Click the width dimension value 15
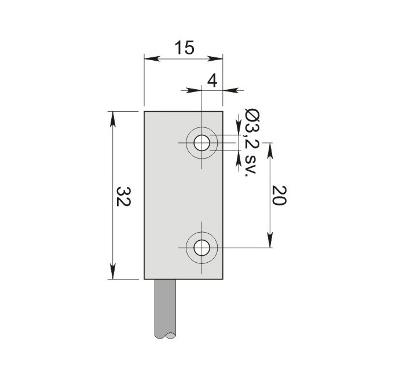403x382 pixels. tap(185, 48)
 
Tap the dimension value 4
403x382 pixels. tap(213, 81)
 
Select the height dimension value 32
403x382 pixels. tap(124, 197)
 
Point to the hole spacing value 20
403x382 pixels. tap(279, 195)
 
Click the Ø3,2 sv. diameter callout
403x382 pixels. tap(251, 144)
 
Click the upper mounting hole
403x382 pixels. tap(202, 143)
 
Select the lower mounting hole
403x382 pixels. tap(202, 248)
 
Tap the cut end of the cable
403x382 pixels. tap(165, 335)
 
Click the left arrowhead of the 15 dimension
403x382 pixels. tap(152, 59)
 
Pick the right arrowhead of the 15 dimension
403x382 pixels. tap(215, 59)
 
